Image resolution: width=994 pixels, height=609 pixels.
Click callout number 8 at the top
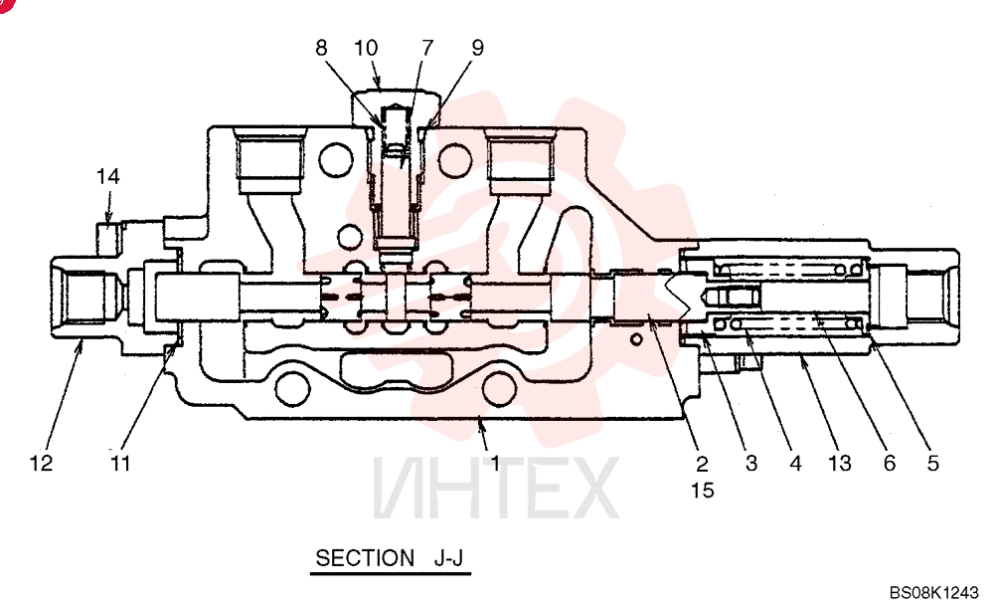pos(321,48)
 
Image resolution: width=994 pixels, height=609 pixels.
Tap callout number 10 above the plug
pos(366,48)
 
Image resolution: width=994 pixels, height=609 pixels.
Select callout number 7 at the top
pos(427,48)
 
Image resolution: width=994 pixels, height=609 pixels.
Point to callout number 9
pos(477,48)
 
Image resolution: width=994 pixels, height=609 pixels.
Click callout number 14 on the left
pos(107,176)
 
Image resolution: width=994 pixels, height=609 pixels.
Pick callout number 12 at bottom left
pos(41,463)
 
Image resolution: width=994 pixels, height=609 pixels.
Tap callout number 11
pos(120,463)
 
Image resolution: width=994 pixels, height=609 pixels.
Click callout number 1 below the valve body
pos(495,463)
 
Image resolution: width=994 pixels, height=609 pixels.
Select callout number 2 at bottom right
pos(702,464)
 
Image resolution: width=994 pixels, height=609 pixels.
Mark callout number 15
pos(703,490)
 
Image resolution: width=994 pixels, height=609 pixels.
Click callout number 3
pos(751,464)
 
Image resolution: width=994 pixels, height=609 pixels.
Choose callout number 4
pos(795,464)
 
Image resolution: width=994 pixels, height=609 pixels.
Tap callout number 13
pos(839,464)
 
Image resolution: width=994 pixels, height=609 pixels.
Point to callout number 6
pos(890,464)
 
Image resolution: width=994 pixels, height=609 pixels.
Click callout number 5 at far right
pos(932,464)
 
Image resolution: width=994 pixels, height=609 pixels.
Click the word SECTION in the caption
pos(365,558)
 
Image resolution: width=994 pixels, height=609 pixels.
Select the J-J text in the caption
pos(449,558)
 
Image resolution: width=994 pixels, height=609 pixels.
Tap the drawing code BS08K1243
pos(934,592)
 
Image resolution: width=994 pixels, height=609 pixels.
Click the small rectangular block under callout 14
pos(107,239)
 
